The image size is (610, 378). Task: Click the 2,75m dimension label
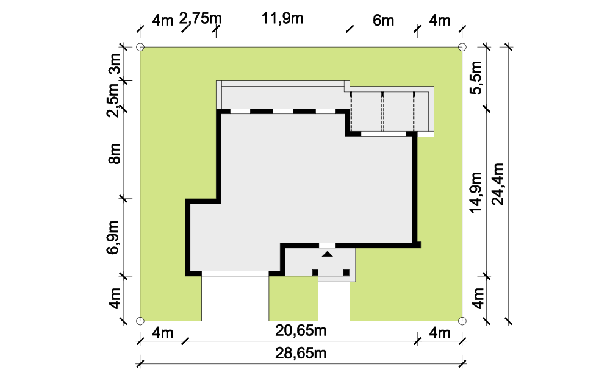click(200, 18)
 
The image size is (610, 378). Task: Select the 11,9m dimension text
click(282, 18)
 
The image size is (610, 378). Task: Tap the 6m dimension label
click(383, 20)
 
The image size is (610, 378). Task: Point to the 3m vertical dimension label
click(115, 64)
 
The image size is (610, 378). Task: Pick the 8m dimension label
click(115, 154)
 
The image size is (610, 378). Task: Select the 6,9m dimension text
click(113, 237)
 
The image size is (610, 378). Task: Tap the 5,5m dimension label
click(476, 77)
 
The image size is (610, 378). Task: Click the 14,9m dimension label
click(476, 193)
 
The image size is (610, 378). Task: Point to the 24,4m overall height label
click(498, 184)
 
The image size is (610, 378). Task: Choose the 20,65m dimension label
click(301, 330)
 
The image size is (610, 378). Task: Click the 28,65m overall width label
click(301, 354)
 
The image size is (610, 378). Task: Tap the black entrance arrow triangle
click(328, 254)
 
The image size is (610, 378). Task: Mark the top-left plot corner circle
click(140, 48)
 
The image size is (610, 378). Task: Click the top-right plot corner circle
click(462, 48)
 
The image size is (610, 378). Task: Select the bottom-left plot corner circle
click(140, 321)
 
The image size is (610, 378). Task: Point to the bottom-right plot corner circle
click(462, 321)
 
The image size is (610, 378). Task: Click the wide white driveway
click(235, 298)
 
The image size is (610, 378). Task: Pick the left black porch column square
click(315, 273)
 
